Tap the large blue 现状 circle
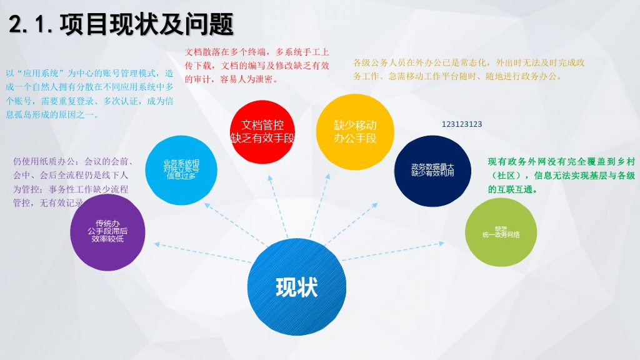point(297,287)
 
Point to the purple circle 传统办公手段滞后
point(107,231)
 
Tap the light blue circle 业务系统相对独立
point(181,169)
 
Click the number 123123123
point(462,124)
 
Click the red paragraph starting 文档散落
point(257,65)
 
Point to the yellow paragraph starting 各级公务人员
point(469,69)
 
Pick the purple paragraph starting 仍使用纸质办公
point(74,181)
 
